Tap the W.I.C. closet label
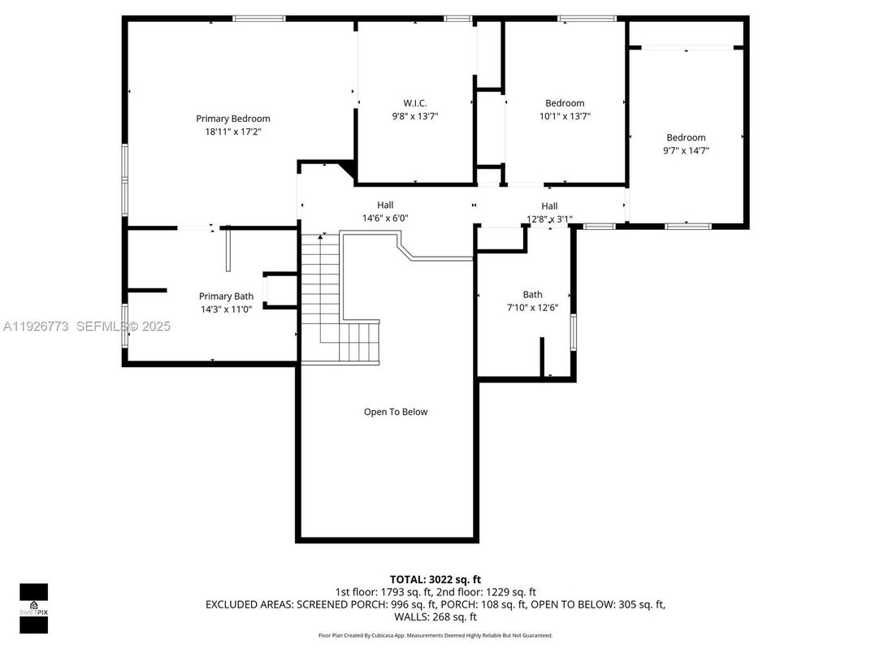[414, 103]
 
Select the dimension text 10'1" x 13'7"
[565, 116]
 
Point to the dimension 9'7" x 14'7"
[686, 150]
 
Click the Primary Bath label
[226, 296]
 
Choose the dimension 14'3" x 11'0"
[226, 309]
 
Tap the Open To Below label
[395, 412]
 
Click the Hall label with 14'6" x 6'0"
[385, 205]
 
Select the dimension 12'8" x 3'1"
[549, 218]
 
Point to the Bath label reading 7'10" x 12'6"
[532, 295]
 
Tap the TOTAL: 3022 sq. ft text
[435, 579]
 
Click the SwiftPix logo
[33, 608]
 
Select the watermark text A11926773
[36, 326]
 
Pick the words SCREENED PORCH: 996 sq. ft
[378, 604]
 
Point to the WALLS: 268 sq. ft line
[435, 616]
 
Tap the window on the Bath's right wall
[573, 333]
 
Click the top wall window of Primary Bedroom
[259, 18]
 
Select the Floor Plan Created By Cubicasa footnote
[435, 635]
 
